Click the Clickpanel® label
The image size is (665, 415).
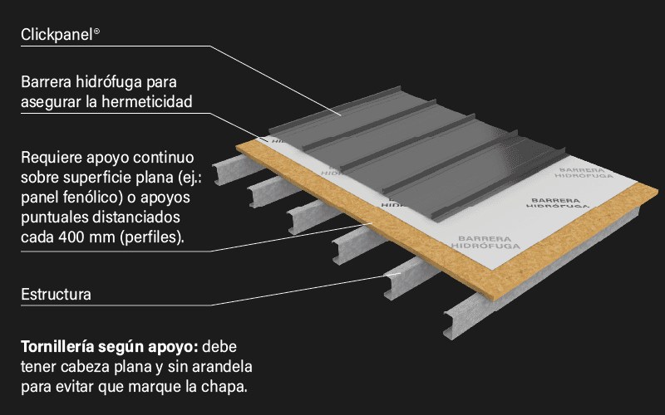[60, 34]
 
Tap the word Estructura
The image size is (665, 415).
[56, 295]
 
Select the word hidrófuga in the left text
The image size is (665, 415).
[109, 81]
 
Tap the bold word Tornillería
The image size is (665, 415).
[57, 347]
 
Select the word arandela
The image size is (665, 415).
[222, 367]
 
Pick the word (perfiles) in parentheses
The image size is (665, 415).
[152, 237]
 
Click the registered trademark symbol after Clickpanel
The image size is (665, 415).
[96, 32]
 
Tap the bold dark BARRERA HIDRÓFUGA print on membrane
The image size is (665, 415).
[556, 203]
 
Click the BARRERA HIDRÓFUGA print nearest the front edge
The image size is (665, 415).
[485, 242]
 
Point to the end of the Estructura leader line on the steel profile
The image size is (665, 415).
[400, 274]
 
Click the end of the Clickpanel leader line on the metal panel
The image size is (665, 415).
[341, 115]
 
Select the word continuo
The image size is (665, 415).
[164, 158]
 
